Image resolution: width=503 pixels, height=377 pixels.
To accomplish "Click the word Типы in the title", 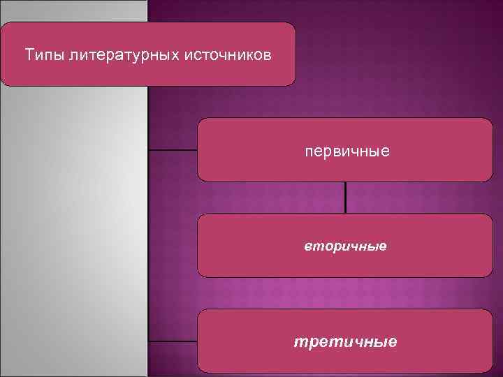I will pos(45,54).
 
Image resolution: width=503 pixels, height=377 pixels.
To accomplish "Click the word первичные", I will pos(347,151).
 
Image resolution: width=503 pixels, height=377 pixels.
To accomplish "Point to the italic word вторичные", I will pos(345,246).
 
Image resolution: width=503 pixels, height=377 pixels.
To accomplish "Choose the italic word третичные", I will pos(345,342).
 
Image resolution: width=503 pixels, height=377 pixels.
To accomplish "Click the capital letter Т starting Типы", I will pos(29,54).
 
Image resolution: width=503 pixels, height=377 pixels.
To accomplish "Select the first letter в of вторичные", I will pos(307,247).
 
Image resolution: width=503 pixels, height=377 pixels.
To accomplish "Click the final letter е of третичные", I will pos(393,342).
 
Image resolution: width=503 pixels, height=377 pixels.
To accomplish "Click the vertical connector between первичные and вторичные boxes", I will pos(346,198).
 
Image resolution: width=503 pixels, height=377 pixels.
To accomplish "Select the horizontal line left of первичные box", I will pos(173,150).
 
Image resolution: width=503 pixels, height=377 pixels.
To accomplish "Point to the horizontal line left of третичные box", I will pos(173,341).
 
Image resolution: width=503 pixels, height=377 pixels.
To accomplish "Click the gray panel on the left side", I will pos(73,230).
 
